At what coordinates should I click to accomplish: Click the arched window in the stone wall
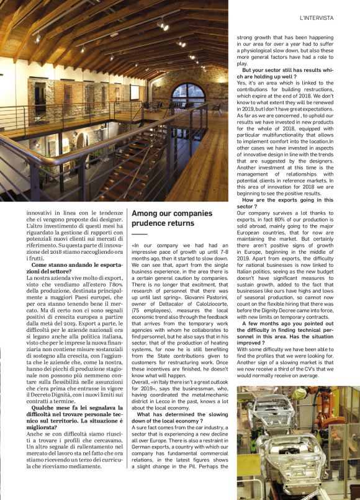tap(187, 96)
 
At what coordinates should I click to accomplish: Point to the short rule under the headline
tap(140, 234)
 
